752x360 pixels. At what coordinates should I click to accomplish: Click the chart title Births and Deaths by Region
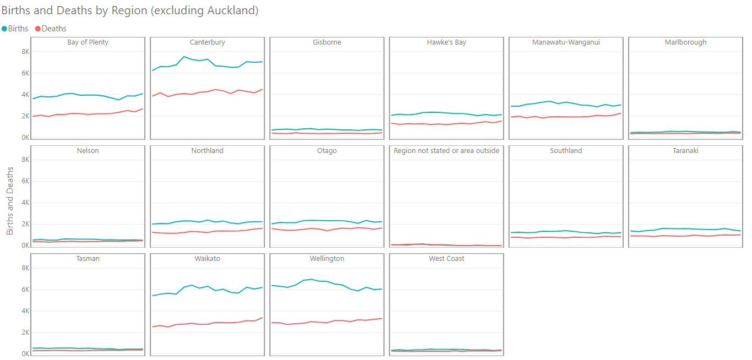point(130,10)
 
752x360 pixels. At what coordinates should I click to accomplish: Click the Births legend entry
point(18,29)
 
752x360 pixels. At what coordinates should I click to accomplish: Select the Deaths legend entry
point(53,29)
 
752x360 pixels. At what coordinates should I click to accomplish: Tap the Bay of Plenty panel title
point(88,42)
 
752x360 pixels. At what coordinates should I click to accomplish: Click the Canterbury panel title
point(207,42)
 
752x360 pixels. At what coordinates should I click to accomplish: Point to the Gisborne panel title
point(326,42)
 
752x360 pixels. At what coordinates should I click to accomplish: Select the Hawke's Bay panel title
point(446,42)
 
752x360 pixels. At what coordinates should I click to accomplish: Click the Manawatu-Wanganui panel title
point(566,42)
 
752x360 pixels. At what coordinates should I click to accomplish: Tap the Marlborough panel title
point(685,42)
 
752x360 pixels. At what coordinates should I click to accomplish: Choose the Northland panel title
point(207,151)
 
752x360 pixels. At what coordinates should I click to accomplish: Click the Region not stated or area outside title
point(446,151)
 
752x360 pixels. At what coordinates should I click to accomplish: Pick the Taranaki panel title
point(685,151)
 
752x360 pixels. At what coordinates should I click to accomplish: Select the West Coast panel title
point(446,259)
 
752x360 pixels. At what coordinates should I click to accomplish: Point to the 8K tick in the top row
point(25,52)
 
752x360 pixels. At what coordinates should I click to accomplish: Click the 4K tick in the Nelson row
point(25,203)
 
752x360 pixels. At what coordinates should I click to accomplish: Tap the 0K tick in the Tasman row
point(25,354)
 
